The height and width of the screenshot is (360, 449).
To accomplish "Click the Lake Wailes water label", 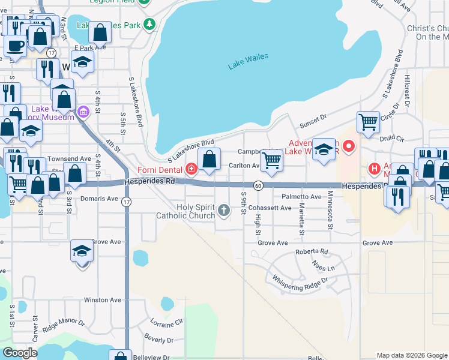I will (248, 61).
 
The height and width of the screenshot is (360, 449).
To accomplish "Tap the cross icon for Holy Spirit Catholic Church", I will (224, 210).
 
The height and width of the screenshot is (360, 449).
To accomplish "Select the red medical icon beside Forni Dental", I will (191, 169).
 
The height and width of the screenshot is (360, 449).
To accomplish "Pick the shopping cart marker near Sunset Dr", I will (368, 122).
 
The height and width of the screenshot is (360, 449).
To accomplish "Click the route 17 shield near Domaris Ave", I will (126, 202).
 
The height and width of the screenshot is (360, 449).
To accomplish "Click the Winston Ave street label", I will (103, 300).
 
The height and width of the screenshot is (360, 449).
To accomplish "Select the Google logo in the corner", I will (20, 353).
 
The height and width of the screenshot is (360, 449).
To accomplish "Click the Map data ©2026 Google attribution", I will (411, 355).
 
